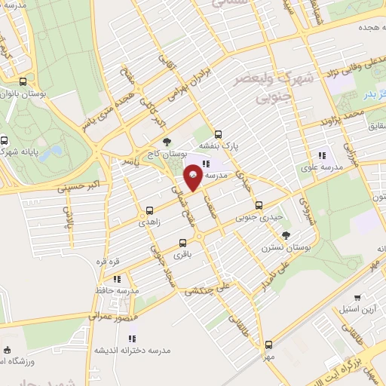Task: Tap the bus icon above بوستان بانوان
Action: coord(23,82)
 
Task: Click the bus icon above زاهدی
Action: coord(149,210)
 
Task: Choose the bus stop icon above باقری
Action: coord(182,243)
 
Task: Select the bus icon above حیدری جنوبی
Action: coord(259,204)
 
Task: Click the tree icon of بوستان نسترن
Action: coord(285,236)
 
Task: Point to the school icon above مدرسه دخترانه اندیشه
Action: coord(135,336)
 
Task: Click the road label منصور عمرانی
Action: coord(111,311)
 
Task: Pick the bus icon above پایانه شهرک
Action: coord(5,139)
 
